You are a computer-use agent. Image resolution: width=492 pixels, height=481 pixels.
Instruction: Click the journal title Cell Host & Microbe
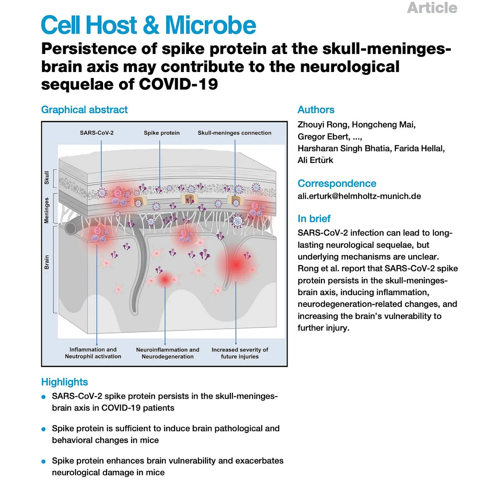click(148, 25)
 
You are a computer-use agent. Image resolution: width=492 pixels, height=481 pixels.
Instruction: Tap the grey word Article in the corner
click(432, 8)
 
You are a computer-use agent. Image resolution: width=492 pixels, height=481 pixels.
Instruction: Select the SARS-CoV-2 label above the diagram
click(97, 133)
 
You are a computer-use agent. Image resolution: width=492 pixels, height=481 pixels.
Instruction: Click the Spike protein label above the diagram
click(162, 133)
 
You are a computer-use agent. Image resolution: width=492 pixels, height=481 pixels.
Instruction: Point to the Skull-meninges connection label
click(235, 133)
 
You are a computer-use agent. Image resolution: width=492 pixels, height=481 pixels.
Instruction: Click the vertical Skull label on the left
click(47, 178)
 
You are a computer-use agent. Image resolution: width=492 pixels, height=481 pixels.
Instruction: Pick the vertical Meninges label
click(47, 210)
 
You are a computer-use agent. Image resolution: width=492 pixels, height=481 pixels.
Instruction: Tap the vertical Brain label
click(47, 262)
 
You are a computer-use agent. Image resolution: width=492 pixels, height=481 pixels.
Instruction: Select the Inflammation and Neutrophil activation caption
click(93, 353)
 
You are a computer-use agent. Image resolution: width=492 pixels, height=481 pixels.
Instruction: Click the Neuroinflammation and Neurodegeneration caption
click(168, 353)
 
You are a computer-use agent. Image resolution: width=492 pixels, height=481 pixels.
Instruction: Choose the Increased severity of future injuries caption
click(240, 353)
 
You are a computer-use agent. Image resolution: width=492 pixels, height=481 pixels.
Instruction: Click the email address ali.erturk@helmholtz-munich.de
click(359, 196)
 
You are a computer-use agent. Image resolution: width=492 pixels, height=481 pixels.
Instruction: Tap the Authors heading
click(316, 110)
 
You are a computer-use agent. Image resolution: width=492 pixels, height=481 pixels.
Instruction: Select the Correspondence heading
click(337, 183)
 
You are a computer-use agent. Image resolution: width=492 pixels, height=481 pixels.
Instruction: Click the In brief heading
click(314, 218)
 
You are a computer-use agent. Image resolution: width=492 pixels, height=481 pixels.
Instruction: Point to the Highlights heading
click(65, 382)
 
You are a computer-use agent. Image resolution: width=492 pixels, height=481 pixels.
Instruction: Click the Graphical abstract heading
click(84, 110)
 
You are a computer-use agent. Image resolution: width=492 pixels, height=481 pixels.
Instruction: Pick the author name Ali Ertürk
click(315, 160)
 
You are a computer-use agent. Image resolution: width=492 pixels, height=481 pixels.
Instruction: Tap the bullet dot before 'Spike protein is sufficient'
click(43, 429)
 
